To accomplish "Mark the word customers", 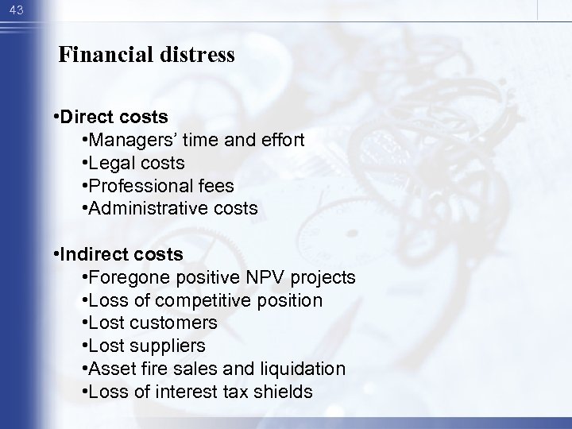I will (172, 323).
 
